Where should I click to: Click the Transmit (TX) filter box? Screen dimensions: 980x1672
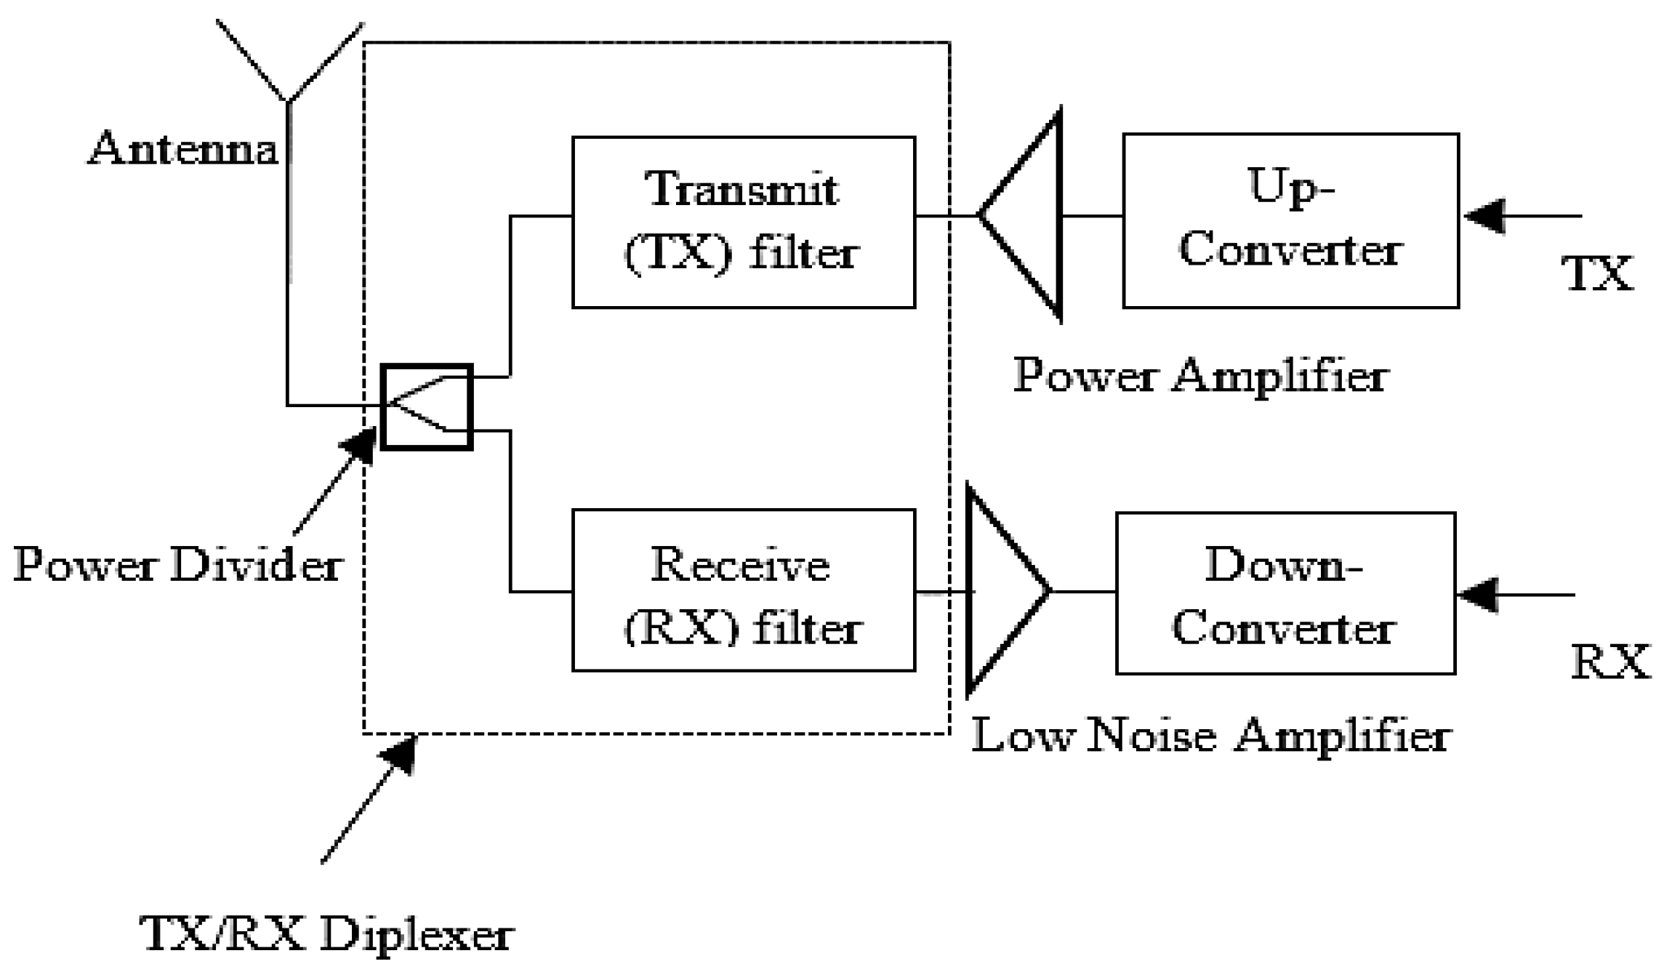tap(743, 222)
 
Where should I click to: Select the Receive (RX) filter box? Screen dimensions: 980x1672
tap(743, 590)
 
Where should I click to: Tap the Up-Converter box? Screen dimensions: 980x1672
tap(1290, 220)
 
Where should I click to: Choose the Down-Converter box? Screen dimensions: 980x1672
tap(1285, 593)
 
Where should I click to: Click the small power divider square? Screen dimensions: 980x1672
tap(427, 406)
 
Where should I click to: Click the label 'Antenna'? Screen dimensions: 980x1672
tap(183, 149)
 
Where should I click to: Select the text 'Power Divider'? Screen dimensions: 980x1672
tap(178, 565)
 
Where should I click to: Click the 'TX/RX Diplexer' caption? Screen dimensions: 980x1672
tap(327, 933)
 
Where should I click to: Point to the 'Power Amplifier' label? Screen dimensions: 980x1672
tap(1200, 377)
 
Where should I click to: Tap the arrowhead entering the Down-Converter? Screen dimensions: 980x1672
tap(1477, 595)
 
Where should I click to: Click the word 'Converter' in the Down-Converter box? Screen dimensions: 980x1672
tap(1282, 627)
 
